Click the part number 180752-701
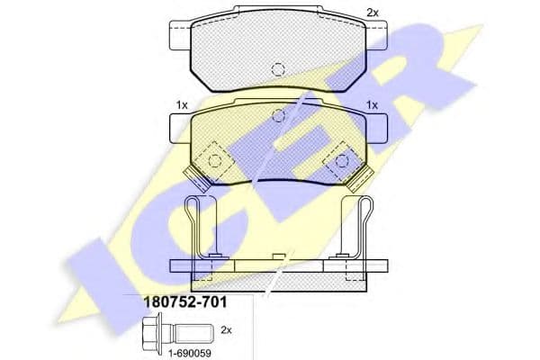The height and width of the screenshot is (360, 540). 184,302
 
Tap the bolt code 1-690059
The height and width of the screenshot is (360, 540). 189,353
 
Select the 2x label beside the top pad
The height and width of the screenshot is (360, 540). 373,13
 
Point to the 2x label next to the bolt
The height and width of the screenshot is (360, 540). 226,330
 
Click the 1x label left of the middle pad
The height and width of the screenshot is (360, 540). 182,105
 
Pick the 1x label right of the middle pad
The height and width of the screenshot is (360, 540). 372,105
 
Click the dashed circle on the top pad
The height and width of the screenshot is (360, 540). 278,69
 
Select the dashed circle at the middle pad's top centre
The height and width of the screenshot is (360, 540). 278,116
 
